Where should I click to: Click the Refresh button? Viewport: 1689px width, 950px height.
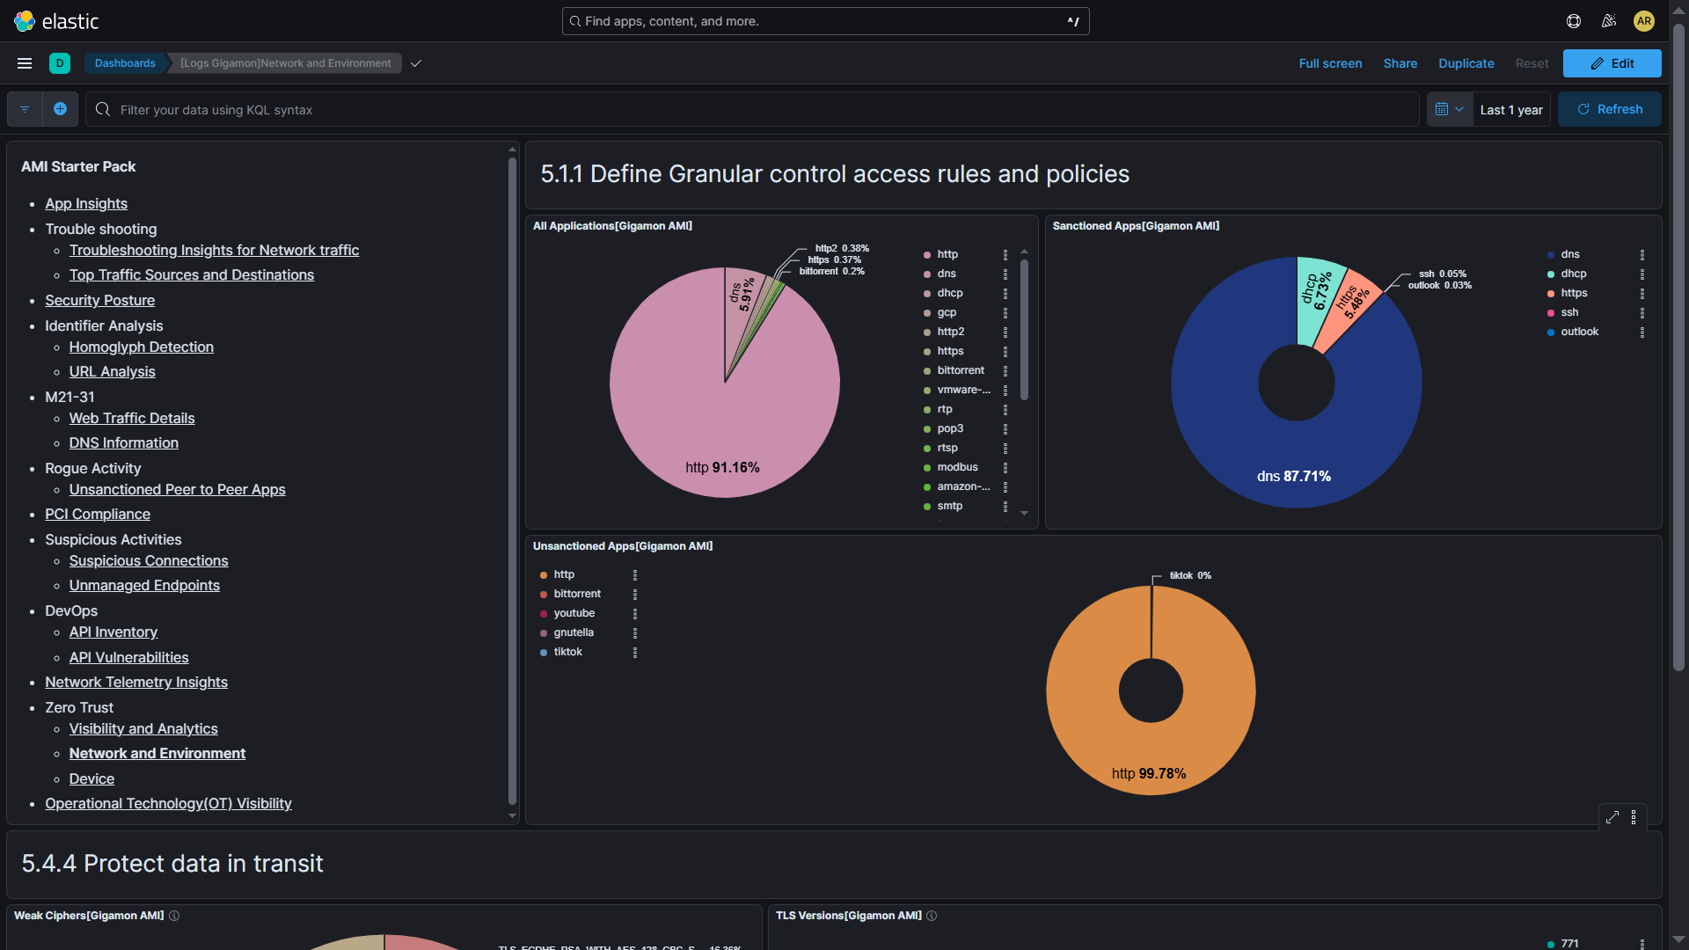tap(1609, 109)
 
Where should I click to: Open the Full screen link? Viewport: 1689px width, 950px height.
tap(1330, 63)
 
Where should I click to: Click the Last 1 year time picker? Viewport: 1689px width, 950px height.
tap(1510, 110)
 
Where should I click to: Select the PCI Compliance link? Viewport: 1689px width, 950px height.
tap(98, 514)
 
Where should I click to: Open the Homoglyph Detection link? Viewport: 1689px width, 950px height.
tap(141, 347)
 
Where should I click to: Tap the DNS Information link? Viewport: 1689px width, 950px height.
tap(123, 442)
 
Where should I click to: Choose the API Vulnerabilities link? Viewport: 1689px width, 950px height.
tap(128, 657)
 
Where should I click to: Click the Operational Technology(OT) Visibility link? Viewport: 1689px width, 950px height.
tap(168, 803)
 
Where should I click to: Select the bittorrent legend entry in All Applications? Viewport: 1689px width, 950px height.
tap(960, 370)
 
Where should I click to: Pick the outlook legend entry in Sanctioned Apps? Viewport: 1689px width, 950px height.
tap(1579, 332)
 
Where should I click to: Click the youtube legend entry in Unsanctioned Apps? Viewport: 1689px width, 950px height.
tap(574, 613)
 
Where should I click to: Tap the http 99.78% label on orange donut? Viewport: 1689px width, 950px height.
tap(1149, 773)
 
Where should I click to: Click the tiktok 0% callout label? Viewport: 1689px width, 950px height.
tap(1189, 575)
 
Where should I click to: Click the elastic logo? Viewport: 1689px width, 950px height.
tap(56, 21)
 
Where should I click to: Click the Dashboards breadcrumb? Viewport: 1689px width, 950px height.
tap(125, 63)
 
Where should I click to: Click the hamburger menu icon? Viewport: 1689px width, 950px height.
tap(25, 63)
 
